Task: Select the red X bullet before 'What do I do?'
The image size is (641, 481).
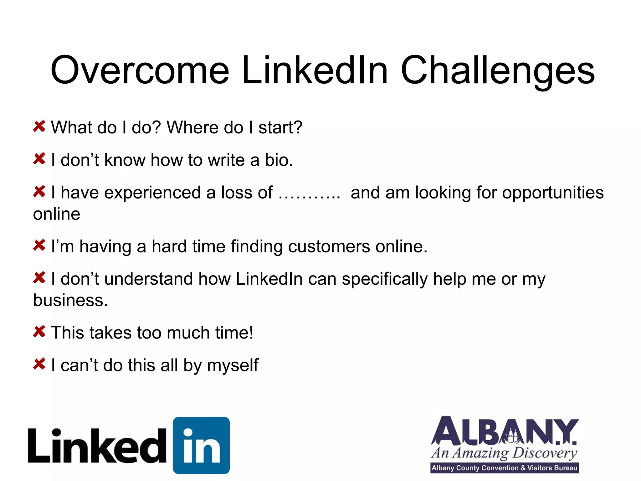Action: click(39, 126)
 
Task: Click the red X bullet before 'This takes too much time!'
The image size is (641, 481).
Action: click(39, 331)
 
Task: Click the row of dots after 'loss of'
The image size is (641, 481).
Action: click(309, 193)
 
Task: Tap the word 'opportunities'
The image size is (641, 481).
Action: click(553, 193)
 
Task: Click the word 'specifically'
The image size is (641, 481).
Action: click(384, 279)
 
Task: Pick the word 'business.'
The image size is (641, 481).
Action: click(70, 300)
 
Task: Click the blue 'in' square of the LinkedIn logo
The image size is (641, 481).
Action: click(201, 445)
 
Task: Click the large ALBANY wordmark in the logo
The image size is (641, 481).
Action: click(504, 432)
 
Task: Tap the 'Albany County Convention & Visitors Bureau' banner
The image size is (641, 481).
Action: click(504, 468)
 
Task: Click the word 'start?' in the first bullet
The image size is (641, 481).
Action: click(280, 127)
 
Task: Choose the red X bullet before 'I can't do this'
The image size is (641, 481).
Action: click(39, 364)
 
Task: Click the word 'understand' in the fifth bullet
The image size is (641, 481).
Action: click(148, 279)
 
